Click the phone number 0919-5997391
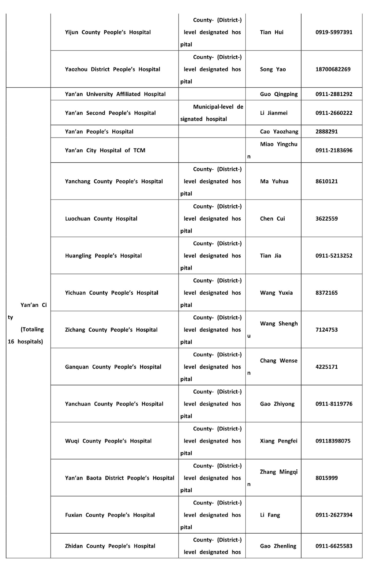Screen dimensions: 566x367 click(334, 32)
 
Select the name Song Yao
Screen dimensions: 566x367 click(273, 69)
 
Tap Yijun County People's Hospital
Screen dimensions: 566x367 click(108, 32)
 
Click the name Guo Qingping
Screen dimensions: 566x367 click(279, 94)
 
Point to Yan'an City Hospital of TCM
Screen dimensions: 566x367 click(105, 150)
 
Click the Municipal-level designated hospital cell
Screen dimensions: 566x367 click(212, 113)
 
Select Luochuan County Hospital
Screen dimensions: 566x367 click(101, 219)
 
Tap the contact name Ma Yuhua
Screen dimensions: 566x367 click(274, 181)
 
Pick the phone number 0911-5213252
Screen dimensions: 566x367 click(334, 255)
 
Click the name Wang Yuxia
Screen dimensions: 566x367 click(276, 293)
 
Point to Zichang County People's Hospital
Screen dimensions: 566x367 click(111, 330)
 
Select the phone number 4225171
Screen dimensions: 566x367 click(327, 367)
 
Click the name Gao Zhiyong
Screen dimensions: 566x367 click(277, 404)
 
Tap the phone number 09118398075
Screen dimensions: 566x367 click(333, 441)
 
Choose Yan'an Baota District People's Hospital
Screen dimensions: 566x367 click(119, 478)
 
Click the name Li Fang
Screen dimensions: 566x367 click(270, 515)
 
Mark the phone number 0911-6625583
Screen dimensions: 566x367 click(334, 546)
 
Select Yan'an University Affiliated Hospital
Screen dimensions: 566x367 click(115, 94)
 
